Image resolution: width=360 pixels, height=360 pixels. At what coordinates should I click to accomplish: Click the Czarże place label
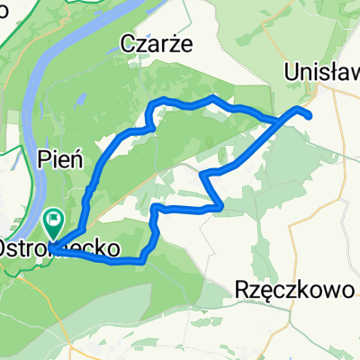pos(157,42)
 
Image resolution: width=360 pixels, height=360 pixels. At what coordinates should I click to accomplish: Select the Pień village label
pos(61,159)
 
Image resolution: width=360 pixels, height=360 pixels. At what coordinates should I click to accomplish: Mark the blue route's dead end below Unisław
pos(310,116)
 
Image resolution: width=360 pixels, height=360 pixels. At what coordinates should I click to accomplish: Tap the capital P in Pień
pos(45,159)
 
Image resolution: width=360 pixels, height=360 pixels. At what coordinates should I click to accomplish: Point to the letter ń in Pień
pos(77,159)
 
